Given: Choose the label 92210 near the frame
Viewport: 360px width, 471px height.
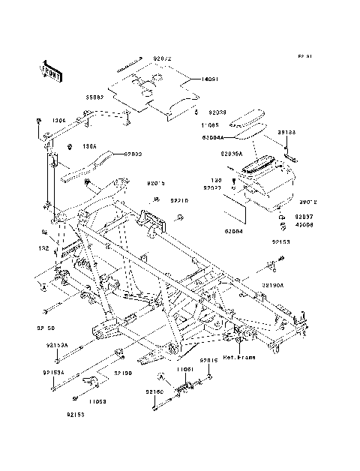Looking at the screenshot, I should click(178, 201).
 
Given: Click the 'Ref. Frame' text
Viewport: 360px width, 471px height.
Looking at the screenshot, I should click(239, 357).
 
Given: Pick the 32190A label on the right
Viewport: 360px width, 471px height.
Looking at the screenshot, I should click(273, 286).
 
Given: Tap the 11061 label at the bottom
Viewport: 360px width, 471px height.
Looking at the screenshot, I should click(186, 369).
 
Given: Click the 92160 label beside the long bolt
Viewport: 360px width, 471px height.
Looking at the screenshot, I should click(154, 391).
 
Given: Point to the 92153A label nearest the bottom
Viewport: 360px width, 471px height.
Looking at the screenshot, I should click(53, 372).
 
